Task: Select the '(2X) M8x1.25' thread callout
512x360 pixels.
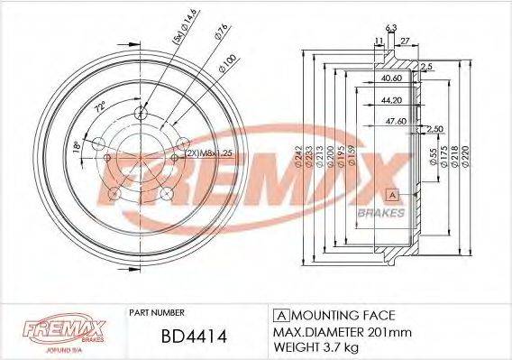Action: (207, 154)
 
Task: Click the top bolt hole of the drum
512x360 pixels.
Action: (140, 113)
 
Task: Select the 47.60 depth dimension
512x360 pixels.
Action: (392, 119)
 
